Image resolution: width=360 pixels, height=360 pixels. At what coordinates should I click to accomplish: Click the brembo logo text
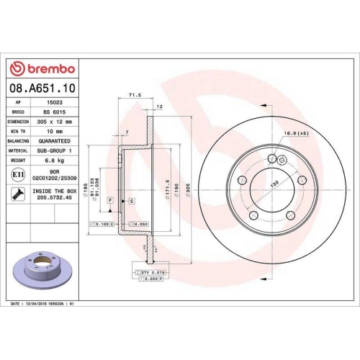tap(45, 68)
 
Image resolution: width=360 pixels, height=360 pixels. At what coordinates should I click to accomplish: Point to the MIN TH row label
tap(18, 132)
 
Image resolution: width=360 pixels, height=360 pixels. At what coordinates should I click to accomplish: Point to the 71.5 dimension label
tap(133, 95)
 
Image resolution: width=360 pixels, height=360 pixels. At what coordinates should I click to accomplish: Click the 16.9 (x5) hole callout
tap(296, 133)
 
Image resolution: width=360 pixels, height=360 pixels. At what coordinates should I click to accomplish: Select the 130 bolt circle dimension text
tap(274, 185)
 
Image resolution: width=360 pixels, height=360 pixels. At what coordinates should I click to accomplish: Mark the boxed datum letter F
tap(110, 199)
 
